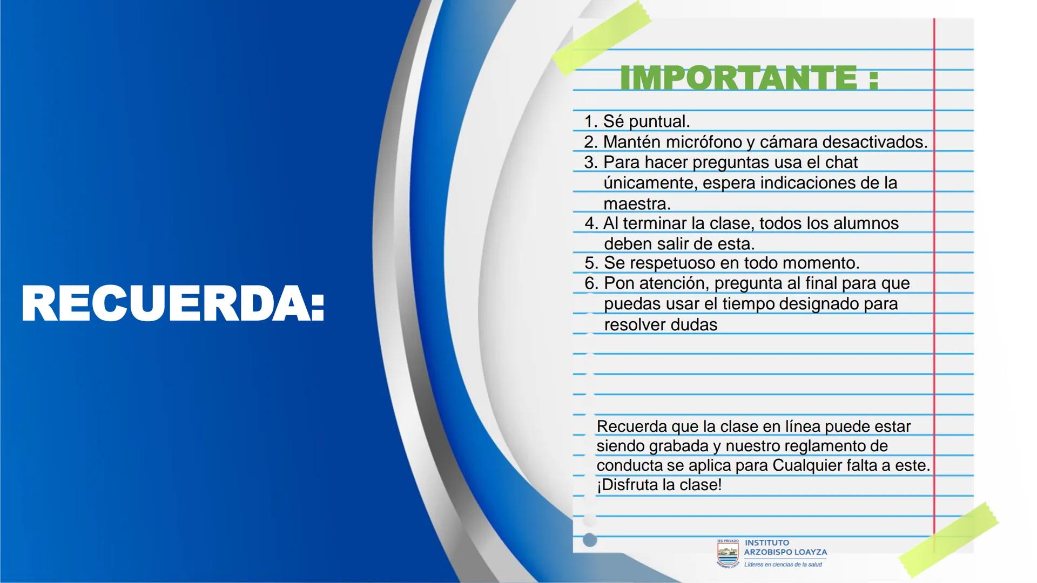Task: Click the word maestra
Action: click(x=636, y=204)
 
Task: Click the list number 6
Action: click(x=590, y=283)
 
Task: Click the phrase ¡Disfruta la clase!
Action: click(x=659, y=485)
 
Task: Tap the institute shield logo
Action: click(x=727, y=553)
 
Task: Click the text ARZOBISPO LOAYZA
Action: click(x=785, y=552)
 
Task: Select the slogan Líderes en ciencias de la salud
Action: click(x=783, y=565)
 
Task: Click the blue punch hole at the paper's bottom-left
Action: click(x=590, y=539)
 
